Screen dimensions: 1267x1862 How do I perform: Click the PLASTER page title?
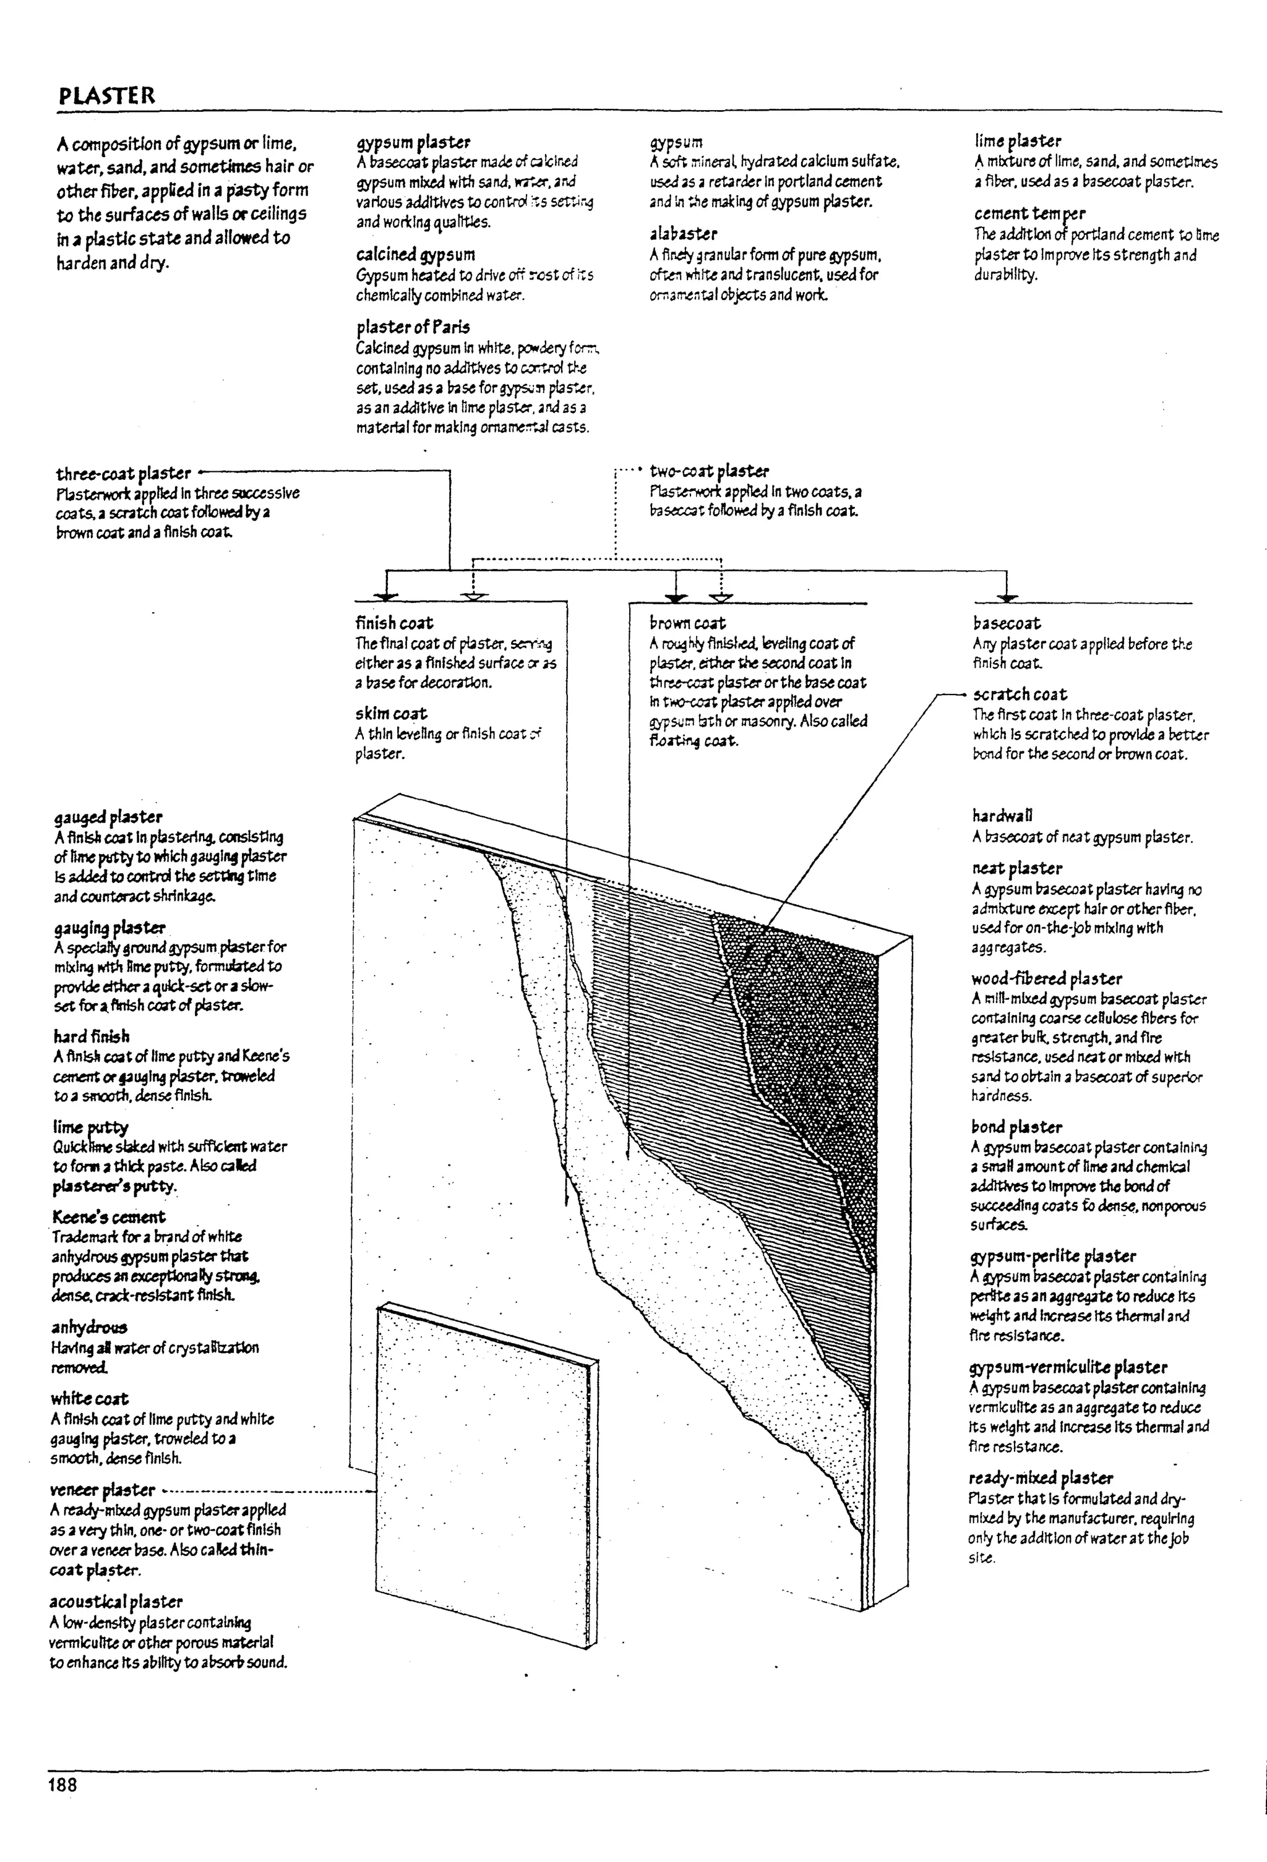coord(106,96)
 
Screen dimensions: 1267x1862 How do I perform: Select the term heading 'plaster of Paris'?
coord(413,327)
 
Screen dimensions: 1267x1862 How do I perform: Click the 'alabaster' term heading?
coord(683,234)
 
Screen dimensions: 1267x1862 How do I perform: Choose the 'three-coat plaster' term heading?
coord(123,474)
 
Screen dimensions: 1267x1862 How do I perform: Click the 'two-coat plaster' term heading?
coord(709,471)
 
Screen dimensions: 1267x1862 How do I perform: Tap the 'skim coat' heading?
coord(391,713)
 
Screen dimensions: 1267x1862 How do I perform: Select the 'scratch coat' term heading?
coord(1020,694)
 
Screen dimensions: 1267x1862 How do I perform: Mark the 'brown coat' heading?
coord(687,623)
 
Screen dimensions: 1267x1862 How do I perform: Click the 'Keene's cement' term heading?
coord(109,1217)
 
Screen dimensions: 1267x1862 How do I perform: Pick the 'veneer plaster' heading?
coord(103,1490)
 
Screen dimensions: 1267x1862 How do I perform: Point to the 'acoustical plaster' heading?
coord(116,1602)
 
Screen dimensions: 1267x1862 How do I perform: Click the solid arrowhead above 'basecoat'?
coord(1007,597)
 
